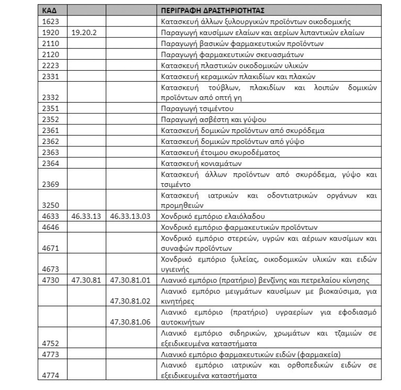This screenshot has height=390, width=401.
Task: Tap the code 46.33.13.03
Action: (x=130, y=216)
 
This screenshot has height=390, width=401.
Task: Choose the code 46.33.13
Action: (x=86, y=216)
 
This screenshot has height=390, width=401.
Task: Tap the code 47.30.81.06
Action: (x=130, y=323)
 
